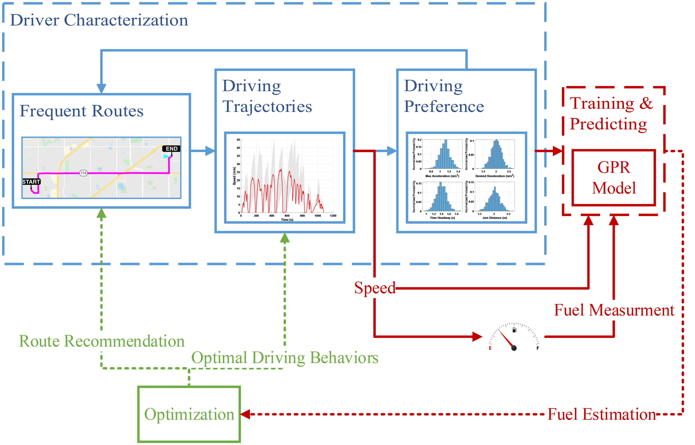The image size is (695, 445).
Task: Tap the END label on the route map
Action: click(172, 149)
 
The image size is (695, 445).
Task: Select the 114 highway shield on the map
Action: click(83, 173)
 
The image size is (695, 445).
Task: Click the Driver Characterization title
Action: click(99, 20)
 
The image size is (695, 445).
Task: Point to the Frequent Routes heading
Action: click(81, 111)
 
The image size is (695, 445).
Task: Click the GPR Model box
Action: click(614, 178)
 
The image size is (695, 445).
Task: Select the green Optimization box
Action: click(189, 414)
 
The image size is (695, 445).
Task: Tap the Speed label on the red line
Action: click(375, 288)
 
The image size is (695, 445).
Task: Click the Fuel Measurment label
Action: click(614, 310)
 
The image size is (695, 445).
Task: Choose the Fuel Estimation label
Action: click(601, 414)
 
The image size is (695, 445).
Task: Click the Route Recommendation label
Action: click(101, 341)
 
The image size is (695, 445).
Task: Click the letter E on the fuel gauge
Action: click(490, 348)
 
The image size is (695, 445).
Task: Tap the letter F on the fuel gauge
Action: click(538, 348)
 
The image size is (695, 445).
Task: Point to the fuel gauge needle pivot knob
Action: click(514, 348)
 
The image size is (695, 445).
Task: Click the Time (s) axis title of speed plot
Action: click(287, 220)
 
